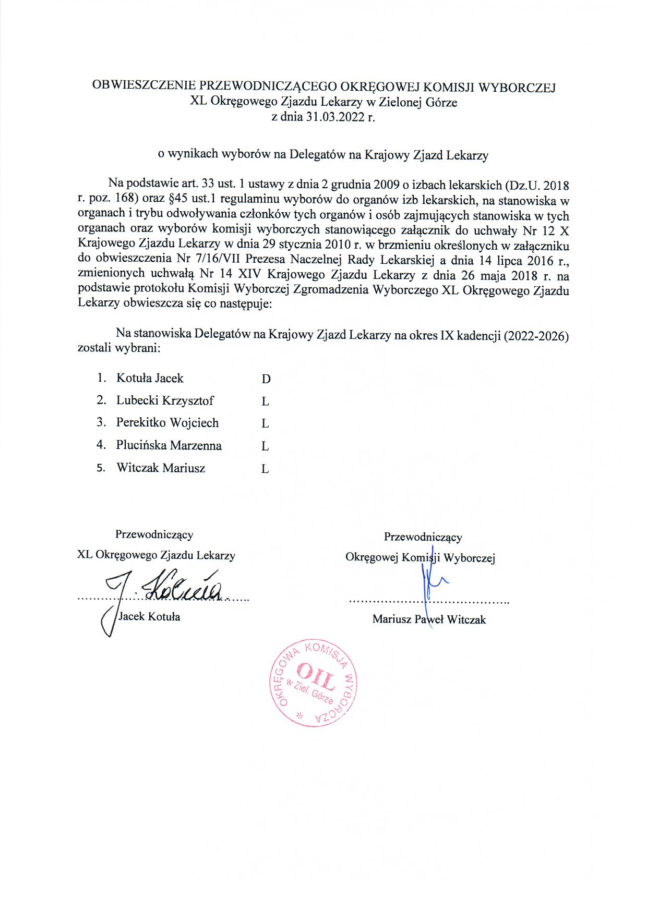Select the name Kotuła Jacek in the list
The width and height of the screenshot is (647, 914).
(x=150, y=378)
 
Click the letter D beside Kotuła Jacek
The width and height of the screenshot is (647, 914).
(x=266, y=379)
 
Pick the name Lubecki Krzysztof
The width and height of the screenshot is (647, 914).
(x=165, y=400)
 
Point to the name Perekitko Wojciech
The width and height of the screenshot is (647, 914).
(x=167, y=423)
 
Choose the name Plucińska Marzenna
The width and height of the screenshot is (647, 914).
(x=169, y=445)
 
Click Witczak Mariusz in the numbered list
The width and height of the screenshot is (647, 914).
(x=161, y=468)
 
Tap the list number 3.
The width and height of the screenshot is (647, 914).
(x=101, y=423)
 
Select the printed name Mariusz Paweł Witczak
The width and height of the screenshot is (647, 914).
(x=429, y=619)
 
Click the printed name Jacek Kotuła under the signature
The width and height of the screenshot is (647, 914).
(x=150, y=617)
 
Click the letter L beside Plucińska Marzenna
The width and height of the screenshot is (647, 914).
(x=265, y=446)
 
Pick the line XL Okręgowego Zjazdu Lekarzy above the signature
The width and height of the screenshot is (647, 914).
(x=156, y=555)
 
